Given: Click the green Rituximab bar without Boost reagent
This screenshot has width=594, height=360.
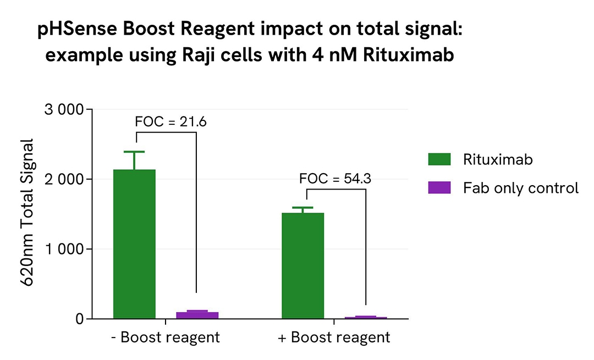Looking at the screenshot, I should [x=134, y=244].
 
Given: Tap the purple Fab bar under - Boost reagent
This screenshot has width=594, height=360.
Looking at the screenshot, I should [x=197, y=315].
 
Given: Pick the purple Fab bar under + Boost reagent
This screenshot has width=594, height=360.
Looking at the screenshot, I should [x=366, y=317].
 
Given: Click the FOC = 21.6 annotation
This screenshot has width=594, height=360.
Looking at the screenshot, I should [x=170, y=121].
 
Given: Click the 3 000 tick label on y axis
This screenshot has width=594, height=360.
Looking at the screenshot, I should [x=63, y=110].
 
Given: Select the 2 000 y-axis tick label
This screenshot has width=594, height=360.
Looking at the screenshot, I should [x=63, y=179].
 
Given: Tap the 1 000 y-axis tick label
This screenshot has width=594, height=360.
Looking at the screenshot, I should [x=63, y=249].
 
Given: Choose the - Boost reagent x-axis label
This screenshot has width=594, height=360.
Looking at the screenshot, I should [x=165, y=337].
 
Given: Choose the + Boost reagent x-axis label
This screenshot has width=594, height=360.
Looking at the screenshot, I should [x=334, y=337].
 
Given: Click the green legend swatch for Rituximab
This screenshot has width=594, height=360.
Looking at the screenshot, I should [x=439, y=159].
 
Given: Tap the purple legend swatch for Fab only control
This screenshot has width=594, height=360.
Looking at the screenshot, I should [x=439, y=188].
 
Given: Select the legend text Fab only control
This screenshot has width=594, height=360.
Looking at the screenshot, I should [x=521, y=188].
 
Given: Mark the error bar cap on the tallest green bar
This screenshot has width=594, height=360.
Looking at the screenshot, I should [x=134, y=152].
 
